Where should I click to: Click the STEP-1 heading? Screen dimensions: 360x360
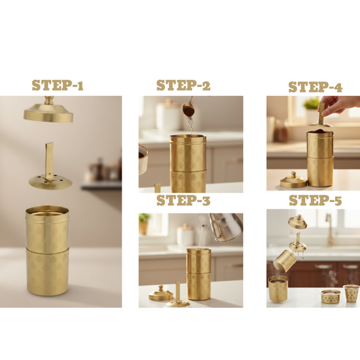[x=58, y=86]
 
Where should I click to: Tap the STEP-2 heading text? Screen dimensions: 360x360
[x=183, y=85]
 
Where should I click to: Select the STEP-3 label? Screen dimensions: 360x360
[x=183, y=201]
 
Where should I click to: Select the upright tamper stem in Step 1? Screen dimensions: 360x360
[x=49, y=159]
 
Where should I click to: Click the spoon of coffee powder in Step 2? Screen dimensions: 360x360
[x=189, y=108]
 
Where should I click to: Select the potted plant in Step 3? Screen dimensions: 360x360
[x=144, y=224]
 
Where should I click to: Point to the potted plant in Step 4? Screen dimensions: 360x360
[x=311, y=107]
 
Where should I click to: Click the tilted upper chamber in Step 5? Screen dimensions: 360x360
[x=284, y=259]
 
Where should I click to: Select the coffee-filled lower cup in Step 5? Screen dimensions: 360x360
[x=279, y=290]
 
